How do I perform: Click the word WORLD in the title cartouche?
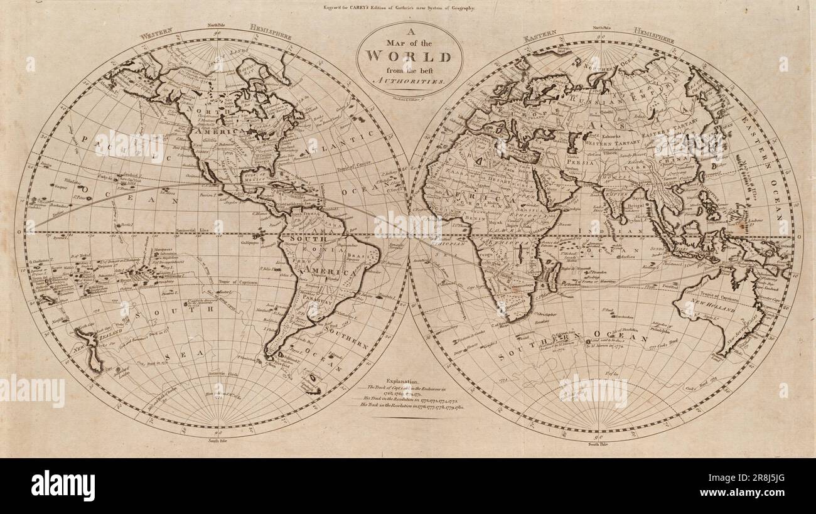point(409,57)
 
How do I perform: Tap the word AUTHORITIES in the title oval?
point(409,82)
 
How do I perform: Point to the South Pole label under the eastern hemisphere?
point(597,444)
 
